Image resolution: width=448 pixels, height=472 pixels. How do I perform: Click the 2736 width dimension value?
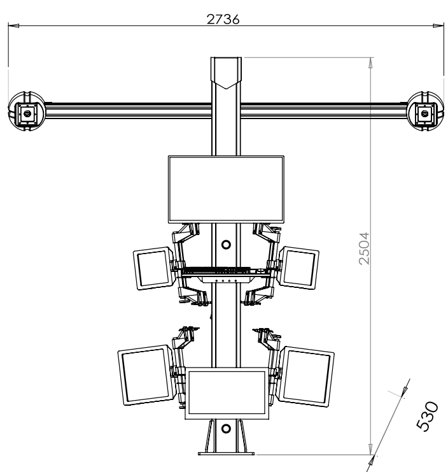point(223,19)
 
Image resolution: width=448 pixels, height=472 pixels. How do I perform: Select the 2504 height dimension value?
point(364,248)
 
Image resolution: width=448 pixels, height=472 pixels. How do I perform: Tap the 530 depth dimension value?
point(427,417)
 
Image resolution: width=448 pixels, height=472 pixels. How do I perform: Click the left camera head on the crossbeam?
point(27,111)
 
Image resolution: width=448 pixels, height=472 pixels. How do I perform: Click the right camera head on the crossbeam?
point(425,111)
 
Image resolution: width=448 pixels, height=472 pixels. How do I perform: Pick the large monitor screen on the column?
point(226,189)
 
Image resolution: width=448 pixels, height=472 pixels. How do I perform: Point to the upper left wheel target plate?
point(153,269)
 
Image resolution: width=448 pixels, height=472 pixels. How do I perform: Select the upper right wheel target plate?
point(298,268)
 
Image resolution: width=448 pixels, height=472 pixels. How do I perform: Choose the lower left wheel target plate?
point(146,375)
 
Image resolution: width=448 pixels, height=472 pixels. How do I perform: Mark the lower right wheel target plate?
point(306,376)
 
